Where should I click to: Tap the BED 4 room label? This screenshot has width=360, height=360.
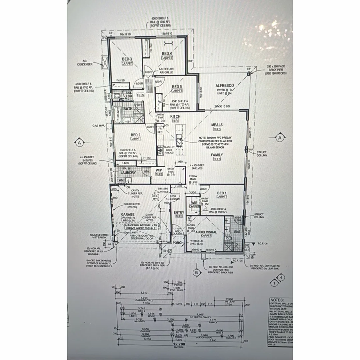pos(167,53)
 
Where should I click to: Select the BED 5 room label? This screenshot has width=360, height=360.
pos(177,87)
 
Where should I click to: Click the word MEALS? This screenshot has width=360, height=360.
pos(217,125)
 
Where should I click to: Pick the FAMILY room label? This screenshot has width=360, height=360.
pos(217,155)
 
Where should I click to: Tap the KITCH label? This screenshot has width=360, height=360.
pos(175,116)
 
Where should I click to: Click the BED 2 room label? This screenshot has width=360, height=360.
pos(136,135)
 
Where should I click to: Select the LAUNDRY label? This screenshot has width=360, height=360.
pos(128,173)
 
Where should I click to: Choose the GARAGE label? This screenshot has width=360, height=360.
pos(128,214)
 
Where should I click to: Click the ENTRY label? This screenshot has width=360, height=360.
pos(179,213)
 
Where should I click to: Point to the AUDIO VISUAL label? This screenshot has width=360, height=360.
pos(206,232)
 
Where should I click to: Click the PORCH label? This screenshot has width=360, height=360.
pos(178,242)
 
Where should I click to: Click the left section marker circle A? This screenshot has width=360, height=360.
pos(79,143)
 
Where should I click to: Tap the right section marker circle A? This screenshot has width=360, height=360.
pos(280,137)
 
